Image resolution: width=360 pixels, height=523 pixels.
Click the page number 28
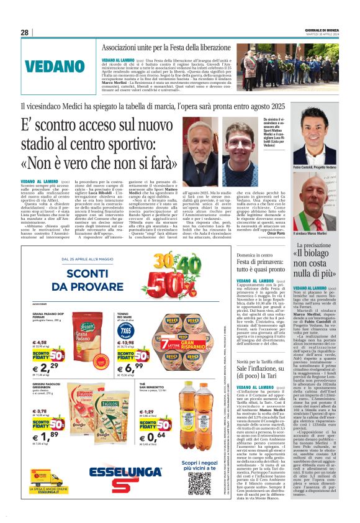click(24, 32)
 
